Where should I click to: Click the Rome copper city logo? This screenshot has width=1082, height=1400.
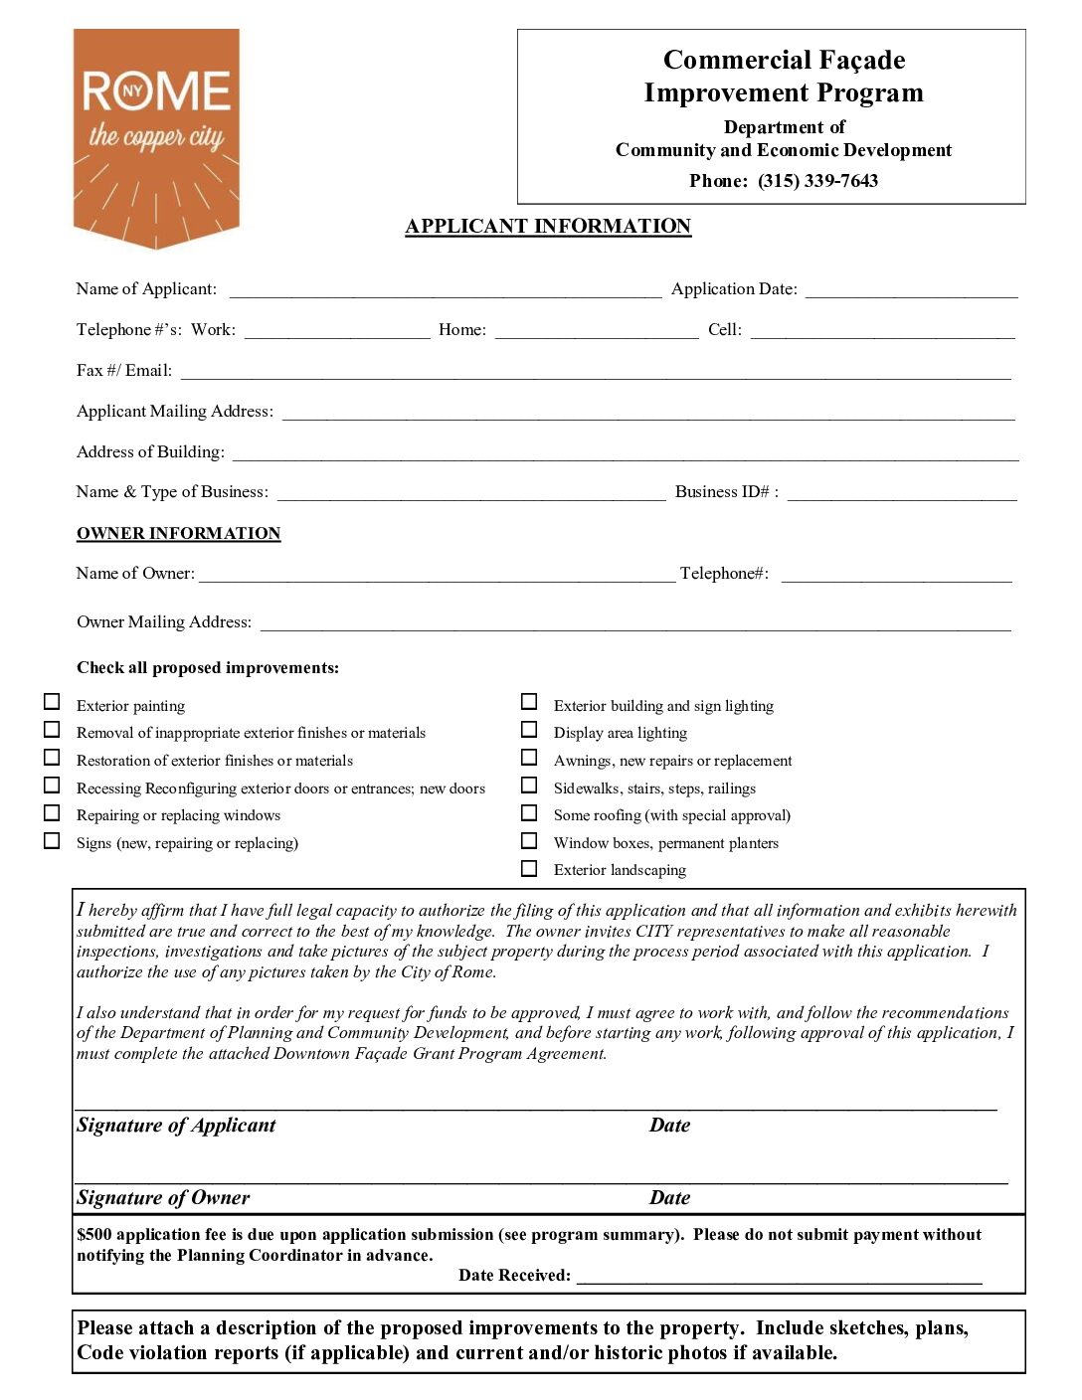click(x=156, y=137)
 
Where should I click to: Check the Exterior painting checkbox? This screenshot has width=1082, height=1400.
click(x=52, y=702)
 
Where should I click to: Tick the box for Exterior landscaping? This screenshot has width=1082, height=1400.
click(x=529, y=868)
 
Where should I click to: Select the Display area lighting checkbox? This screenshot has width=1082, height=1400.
click(x=529, y=730)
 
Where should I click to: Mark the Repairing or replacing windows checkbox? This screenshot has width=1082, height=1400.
click(x=52, y=812)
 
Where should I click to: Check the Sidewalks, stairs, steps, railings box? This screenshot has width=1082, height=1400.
click(x=529, y=786)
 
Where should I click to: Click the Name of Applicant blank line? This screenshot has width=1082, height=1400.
click(x=445, y=290)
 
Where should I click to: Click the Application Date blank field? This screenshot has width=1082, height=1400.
click(x=911, y=290)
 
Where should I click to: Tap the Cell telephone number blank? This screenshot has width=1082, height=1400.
click(x=882, y=331)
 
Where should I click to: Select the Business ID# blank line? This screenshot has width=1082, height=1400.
click(x=902, y=493)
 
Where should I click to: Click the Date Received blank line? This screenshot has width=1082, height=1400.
click(x=779, y=1277)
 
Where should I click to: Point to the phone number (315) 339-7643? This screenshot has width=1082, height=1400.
click(x=817, y=181)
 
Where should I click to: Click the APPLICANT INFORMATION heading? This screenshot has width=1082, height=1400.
click(x=548, y=227)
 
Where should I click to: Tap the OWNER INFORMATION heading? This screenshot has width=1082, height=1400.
click(x=179, y=534)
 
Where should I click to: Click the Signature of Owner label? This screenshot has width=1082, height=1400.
click(x=163, y=1198)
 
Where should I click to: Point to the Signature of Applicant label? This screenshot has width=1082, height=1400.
click(x=176, y=1126)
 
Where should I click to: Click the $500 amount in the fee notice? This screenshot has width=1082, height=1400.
click(x=94, y=1235)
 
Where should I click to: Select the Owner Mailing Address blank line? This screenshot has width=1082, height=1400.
click(x=635, y=623)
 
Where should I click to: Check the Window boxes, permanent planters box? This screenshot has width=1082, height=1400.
click(x=529, y=840)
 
